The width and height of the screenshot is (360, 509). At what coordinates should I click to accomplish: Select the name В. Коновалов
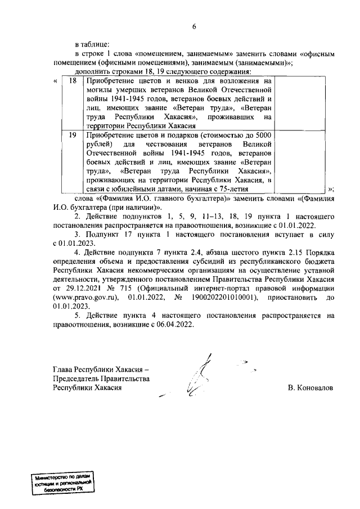click(310, 389)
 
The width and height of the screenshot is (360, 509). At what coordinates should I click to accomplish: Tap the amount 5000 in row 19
click(264, 136)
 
